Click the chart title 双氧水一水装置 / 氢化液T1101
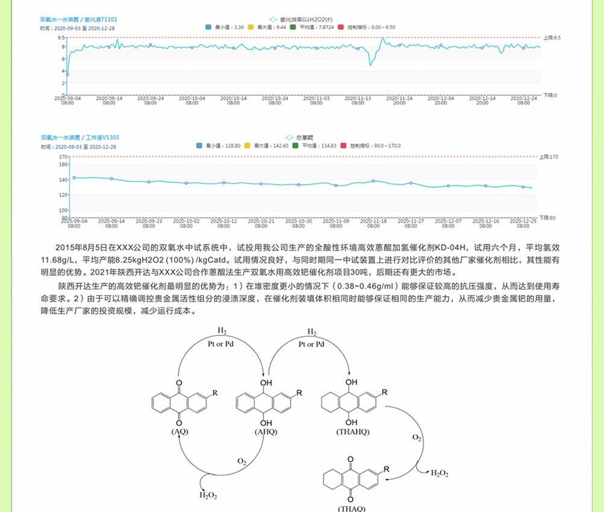[79, 19]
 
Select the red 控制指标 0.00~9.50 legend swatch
[341, 27]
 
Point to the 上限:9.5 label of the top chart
[552, 37]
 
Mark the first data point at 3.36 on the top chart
[67, 75]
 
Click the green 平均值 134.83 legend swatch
[295, 146]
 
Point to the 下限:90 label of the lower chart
[547, 217]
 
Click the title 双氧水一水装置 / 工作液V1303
[80, 137]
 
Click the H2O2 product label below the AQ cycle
[209, 495]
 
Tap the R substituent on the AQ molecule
[215, 393]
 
